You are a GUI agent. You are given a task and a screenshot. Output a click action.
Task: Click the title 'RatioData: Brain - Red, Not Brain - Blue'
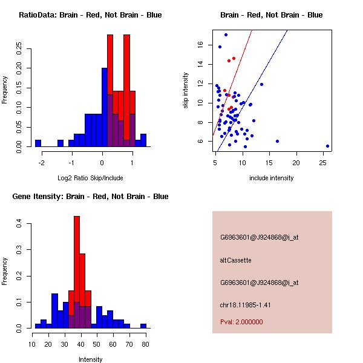(x=90, y=15)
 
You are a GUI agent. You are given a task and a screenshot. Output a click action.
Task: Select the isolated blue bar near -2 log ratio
(x=38, y=143)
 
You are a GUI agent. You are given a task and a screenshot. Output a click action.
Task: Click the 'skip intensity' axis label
(x=186, y=90)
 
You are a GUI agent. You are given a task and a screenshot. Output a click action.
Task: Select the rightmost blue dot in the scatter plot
(x=327, y=146)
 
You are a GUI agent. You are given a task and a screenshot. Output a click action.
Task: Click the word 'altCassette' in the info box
(x=235, y=260)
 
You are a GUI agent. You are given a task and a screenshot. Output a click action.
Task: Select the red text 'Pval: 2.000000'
(x=241, y=322)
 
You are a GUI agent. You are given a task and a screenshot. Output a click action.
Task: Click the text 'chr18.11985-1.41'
(x=244, y=304)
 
